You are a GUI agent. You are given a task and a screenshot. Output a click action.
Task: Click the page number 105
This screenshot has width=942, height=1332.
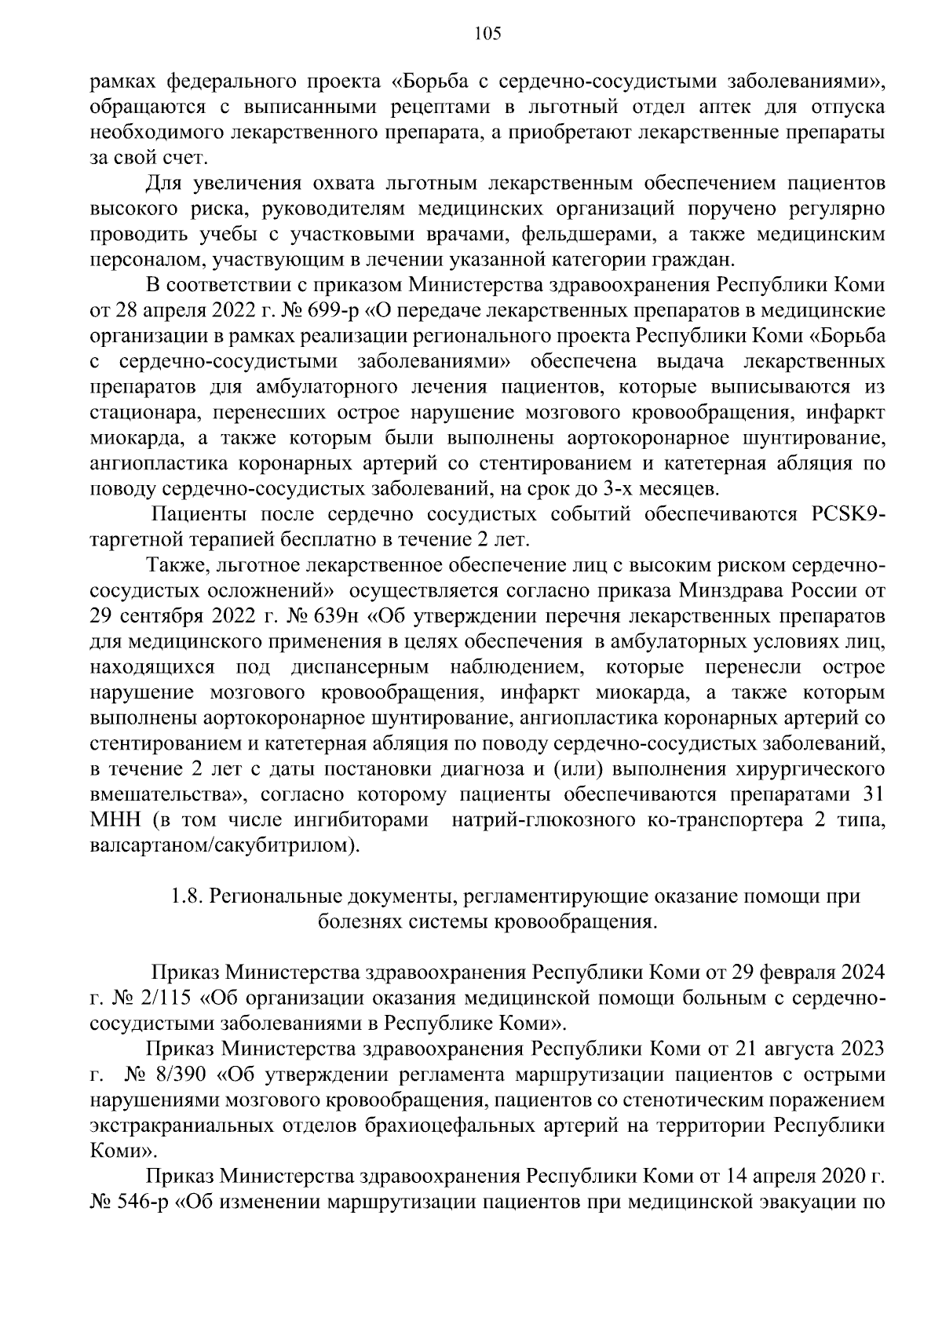click(487, 33)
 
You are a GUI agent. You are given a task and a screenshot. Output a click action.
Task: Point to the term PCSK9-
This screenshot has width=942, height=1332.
click(845, 515)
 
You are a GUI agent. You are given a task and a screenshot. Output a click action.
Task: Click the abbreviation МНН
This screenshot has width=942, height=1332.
click(115, 821)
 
